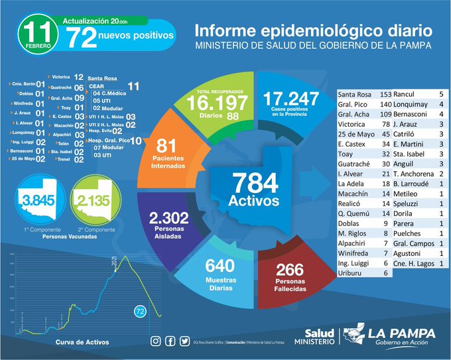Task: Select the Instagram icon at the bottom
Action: click(156, 341)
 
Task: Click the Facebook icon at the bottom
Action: click(170, 341)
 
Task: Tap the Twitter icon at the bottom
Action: click(185, 341)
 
